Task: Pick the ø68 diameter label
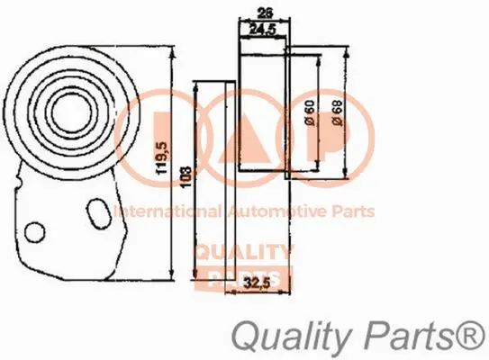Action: click(x=337, y=112)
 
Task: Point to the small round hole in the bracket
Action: click(x=34, y=232)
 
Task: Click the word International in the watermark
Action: click(x=161, y=212)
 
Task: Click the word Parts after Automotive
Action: click(x=352, y=212)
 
